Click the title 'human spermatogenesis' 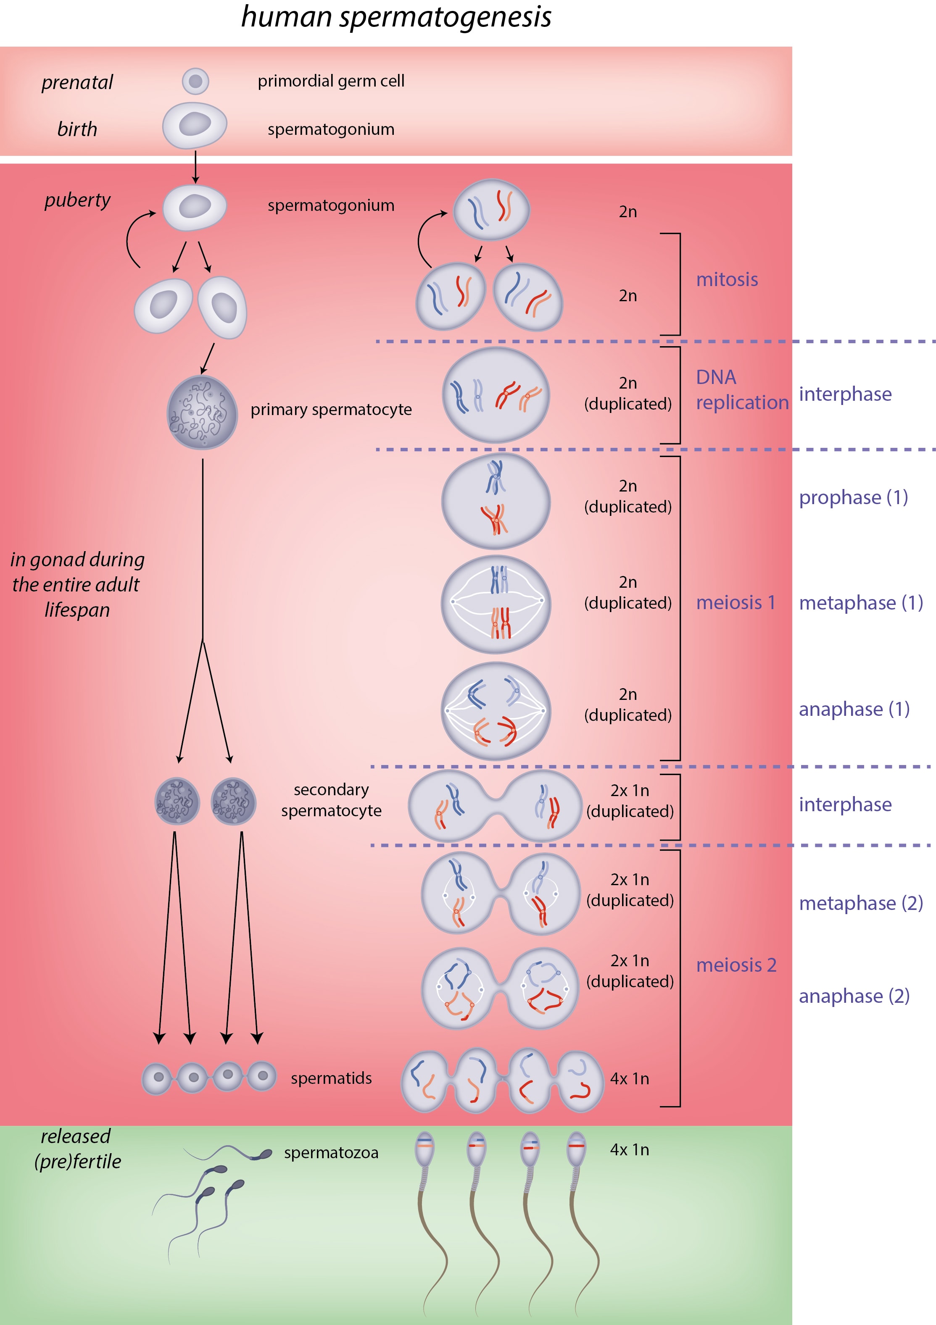click(x=396, y=17)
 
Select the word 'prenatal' click(x=77, y=82)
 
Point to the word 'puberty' click(x=77, y=200)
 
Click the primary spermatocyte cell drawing click(x=202, y=412)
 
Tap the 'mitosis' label click(x=727, y=279)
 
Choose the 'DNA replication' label click(x=742, y=389)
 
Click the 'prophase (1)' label click(x=854, y=497)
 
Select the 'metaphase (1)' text click(x=861, y=603)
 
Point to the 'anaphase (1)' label click(x=854, y=709)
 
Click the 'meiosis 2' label click(x=736, y=965)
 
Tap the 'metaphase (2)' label click(x=861, y=903)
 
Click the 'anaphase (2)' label click(x=854, y=996)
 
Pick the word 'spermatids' click(x=332, y=1078)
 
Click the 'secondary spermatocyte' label click(x=332, y=800)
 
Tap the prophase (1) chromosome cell click(x=496, y=501)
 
